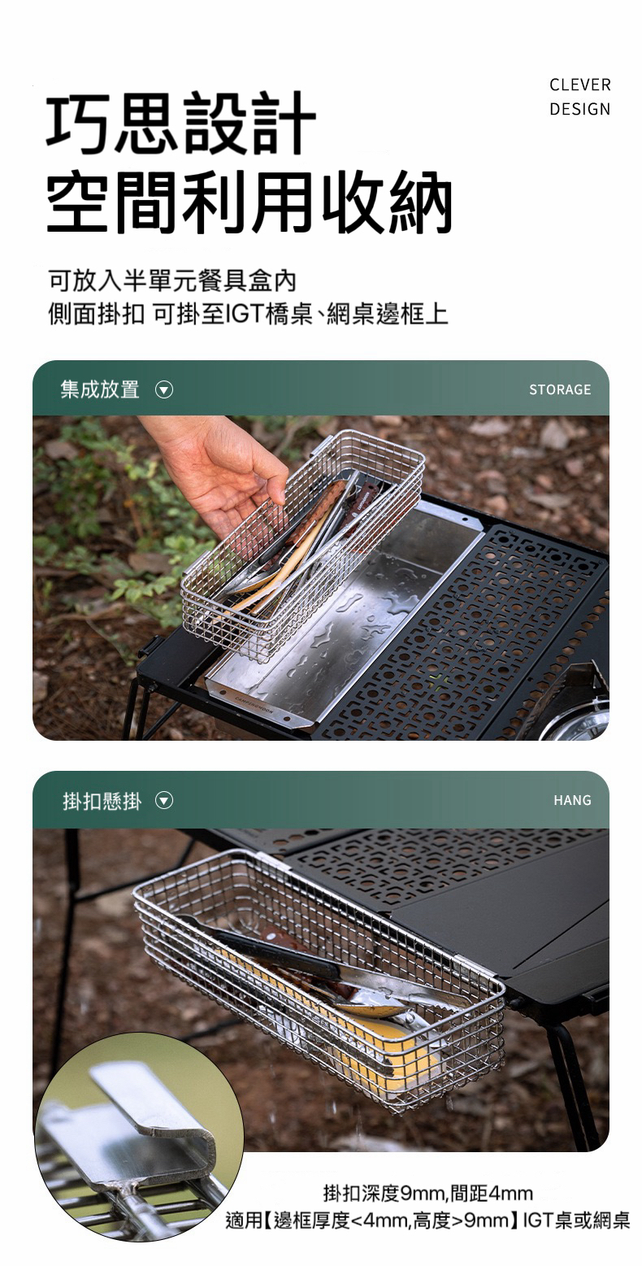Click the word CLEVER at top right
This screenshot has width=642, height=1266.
pyautogui.click(x=580, y=85)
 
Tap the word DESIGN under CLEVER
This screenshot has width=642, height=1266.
pyautogui.click(x=580, y=109)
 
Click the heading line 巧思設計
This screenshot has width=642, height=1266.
pyautogui.click(x=180, y=124)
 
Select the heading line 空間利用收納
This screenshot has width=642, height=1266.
pyautogui.click(x=249, y=202)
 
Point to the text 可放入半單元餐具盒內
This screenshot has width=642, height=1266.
pyautogui.click(x=172, y=281)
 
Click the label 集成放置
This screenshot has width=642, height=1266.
pyautogui.click(x=100, y=389)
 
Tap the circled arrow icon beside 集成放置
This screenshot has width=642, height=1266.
pyautogui.click(x=163, y=390)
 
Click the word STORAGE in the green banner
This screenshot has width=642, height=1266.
pyautogui.click(x=560, y=389)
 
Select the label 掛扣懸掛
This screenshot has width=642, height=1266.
pyautogui.click(x=102, y=801)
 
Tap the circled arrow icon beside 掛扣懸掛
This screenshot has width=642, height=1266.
pyautogui.click(x=163, y=800)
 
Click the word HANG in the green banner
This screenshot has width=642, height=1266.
pyautogui.click(x=572, y=800)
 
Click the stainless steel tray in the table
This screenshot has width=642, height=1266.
pyautogui.click(x=345, y=616)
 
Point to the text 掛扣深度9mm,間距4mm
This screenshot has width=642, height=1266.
pyautogui.click(x=428, y=1193)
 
